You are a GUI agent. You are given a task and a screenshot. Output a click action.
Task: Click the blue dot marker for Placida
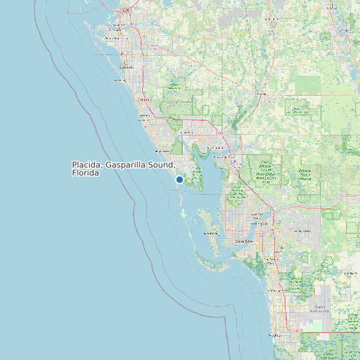[179, 179]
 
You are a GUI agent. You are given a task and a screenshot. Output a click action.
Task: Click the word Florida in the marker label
[86, 173]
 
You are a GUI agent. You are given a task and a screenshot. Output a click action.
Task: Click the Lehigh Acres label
[302, 230]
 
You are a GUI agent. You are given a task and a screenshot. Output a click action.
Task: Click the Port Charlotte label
[216, 147]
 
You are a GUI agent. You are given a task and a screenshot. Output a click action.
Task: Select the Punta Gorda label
[229, 157]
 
